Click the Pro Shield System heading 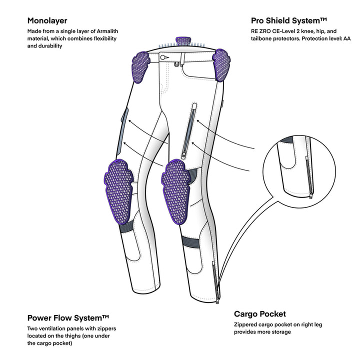click(x=289, y=21)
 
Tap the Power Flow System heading click(x=68, y=317)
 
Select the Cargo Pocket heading click(x=260, y=314)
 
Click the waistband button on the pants click(x=163, y=57)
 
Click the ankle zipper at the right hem click(x=216, y=284)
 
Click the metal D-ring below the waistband click(x=176, y=64)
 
